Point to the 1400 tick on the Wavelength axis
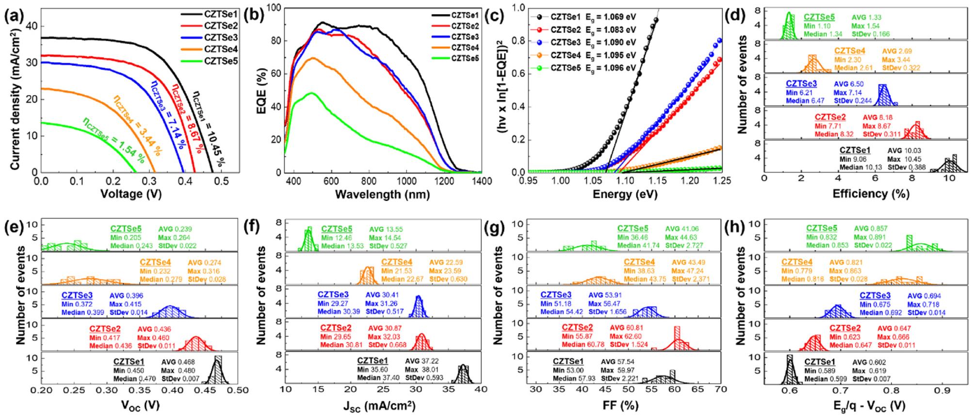pos(482,181)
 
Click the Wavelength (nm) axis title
pos(382,195)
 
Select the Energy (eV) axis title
pos(625,195)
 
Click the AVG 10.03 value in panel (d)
pos(904,151)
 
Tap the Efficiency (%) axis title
pos(871,194)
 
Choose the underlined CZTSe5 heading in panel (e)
pos(126,229)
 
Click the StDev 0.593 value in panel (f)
pos(424,378)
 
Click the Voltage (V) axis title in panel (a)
pos(130,194)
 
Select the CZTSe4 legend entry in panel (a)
pos(221,49)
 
